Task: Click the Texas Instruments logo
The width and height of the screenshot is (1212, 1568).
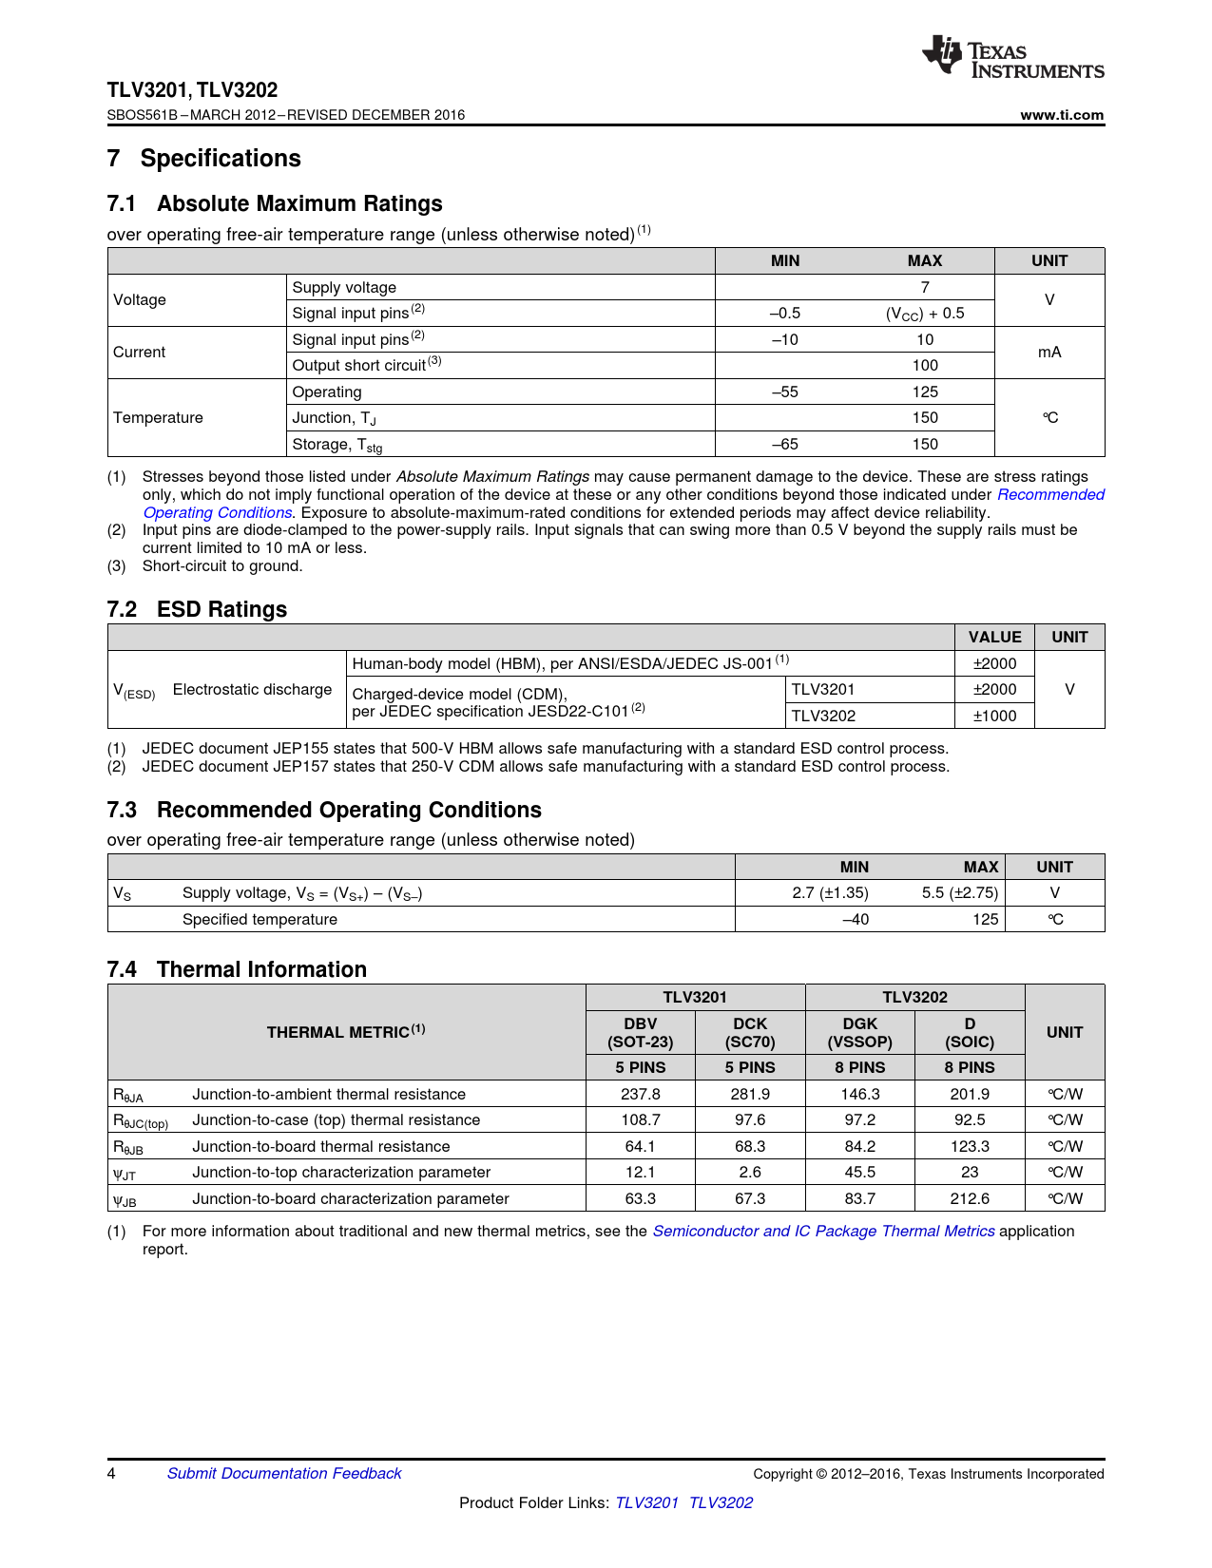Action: click(x=1012, y=57)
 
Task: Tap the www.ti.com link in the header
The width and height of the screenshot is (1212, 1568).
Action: click(x=1062, y=115)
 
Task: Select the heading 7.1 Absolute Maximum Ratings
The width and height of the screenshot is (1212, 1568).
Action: click(x=275, y=203)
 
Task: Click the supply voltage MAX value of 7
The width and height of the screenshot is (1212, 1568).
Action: click(x=925, y=287)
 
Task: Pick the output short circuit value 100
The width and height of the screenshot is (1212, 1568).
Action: click(x=925, y=365)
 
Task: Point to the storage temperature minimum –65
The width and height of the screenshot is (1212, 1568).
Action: click(x=785, y=444)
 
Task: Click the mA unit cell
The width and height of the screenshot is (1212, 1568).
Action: click(x=1049, y=352)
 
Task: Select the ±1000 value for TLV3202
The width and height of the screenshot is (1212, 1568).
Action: click(x=994, y=716)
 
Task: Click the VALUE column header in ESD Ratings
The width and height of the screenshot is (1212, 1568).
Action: click(x=994, y=637)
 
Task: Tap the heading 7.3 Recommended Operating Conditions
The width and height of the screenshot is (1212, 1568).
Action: click(x=324, y=810)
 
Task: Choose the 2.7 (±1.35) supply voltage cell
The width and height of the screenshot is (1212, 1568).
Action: click(x=830, y=892)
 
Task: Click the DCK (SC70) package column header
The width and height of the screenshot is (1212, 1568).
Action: click(x=750, y=1032)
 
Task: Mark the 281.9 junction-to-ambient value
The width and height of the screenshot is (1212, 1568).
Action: click(x=750, y=1094)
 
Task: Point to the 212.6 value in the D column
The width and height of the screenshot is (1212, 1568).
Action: click(x=970, y=1198)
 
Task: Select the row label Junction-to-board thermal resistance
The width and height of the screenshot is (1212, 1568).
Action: click(x=321, y=1146)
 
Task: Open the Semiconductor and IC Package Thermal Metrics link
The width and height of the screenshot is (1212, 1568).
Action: click(x=823, y=1231)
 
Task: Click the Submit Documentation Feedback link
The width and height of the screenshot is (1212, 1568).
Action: click(x=284, y=1473)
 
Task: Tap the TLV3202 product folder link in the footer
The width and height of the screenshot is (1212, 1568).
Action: click(x=721, y=1502)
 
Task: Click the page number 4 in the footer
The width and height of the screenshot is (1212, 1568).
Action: click(x=112, y=1473)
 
